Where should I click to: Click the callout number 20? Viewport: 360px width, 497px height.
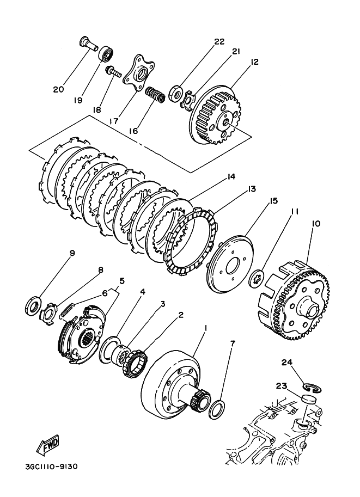58,89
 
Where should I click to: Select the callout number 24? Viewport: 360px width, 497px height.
288,363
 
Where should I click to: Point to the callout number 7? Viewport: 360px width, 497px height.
233,344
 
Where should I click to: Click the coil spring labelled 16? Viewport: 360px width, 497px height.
155,95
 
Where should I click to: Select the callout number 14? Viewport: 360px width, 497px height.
231,176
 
